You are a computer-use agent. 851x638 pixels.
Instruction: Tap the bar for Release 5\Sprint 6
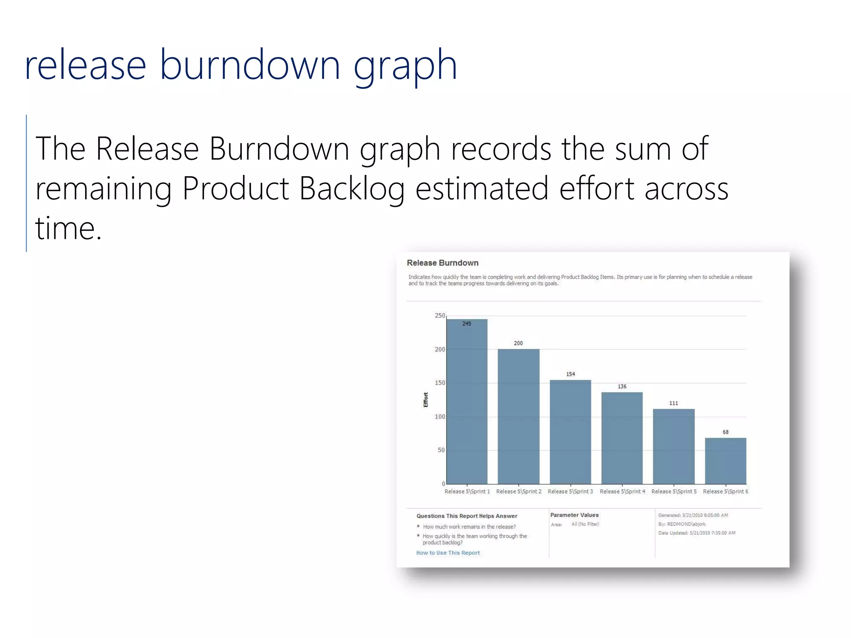(x=725, y=461)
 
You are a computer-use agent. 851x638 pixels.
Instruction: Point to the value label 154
(x=571, y=374)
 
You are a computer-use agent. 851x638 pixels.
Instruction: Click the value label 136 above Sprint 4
(x=622, y=387)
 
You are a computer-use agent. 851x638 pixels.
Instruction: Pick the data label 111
(x=673, y=403)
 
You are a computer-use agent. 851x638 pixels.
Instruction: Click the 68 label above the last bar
(x=725, y=432)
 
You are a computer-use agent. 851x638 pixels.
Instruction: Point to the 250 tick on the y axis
(x=440, y=316)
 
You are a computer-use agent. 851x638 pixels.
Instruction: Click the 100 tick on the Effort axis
(x=440, y=417)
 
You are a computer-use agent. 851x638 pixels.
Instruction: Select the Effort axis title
(x=425, y=400)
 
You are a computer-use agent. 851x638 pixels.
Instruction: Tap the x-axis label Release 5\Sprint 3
(x=570, y=491)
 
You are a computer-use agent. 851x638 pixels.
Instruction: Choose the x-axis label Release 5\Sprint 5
(x=674, y=491)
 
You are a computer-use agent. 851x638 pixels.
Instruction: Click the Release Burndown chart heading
(x=443, y=263)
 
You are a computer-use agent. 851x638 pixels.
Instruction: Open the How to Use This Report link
(x=448, y=553)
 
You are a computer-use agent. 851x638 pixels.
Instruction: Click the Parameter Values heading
(x=574, y=515)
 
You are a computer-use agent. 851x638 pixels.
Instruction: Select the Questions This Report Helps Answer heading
(x=467, y=516)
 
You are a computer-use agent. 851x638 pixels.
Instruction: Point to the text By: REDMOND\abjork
(x=681, y=524)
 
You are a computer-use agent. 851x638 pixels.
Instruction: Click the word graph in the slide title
(x=405, y=66)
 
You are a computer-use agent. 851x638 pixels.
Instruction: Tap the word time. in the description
(x=69, y=228)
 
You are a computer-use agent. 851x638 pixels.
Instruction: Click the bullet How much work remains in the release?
(x=469, y=527)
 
